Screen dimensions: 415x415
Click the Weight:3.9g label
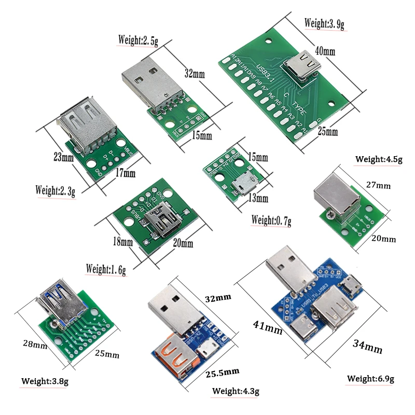[x=324, y=23]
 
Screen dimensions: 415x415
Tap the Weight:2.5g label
[x=137, y=39]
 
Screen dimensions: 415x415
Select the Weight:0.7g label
[x=271, y=220]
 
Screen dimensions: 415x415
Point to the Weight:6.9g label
[x=370, y=379]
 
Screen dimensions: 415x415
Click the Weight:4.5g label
[x=378, y=159]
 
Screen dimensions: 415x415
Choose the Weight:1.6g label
[x=106, y=269]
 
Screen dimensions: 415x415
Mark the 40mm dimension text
[x=325, y=51]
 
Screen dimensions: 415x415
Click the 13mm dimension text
[x=258, y=198]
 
